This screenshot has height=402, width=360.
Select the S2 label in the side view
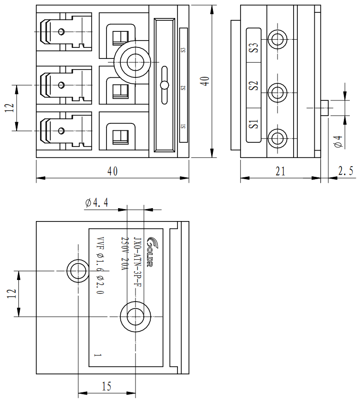(x=254, y=86)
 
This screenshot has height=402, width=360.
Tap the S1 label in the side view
(x=254, y=124)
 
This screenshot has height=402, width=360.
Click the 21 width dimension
(x=280, y=171)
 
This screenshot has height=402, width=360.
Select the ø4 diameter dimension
(x=338, y=142)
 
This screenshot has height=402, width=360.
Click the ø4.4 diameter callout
(x=96, y=203)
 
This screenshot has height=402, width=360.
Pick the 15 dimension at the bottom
(x=106, y=386)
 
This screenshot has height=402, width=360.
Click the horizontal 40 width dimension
(x=112, y=171)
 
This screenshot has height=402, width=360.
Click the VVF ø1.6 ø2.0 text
(x=100, y=266)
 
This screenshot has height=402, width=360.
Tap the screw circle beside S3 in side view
(x=277, y=39)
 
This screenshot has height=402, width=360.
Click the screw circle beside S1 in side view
(x=277, y=137)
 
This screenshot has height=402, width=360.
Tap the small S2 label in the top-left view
(x=183, y=87)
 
